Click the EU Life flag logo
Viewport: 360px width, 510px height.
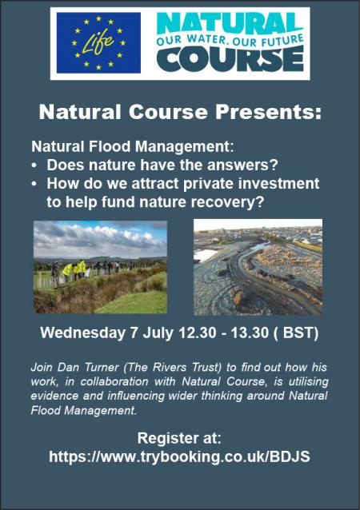pyautogui.click(x=98, y=42)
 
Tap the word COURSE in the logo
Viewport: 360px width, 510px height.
pyautogui.click(x=230, y=59)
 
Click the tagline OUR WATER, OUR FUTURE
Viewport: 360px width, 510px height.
pyautogui.click(x=230, y=40)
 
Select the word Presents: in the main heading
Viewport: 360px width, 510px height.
pyautogui.click(x=268, y=112)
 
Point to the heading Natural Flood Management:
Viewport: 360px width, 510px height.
pyautogui.click(x=133, y=146)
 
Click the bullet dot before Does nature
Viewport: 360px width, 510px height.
pyautogui.click(x=34, y=165)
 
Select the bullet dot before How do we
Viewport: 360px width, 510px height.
pyautogui.click(x=34, y=184)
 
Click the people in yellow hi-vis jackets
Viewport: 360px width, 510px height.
pyautogui.click(x=74, y=269)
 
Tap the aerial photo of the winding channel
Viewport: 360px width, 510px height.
pyautogui.click(x=258, y=267)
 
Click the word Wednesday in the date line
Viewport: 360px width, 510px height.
pyautogui.click(x=82, y=333)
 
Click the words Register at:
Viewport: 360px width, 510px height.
pyautogui.click(x=179, y=438)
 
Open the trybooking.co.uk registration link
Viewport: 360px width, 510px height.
pyautogui.click(x=179, y=456)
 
